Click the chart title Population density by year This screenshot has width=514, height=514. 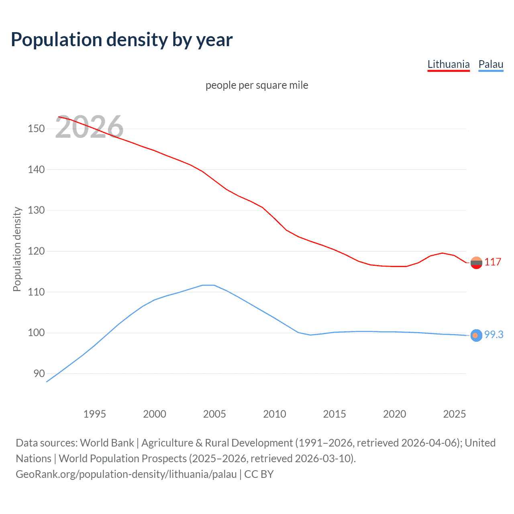(122, 40)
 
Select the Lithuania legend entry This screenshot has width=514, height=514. (448, 64)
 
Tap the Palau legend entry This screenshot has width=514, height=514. (491, 64)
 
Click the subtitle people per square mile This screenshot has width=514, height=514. (257, 86)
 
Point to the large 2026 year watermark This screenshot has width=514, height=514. (89, 127)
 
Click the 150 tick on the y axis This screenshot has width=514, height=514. (36, 129)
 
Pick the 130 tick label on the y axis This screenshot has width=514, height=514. (36, 210)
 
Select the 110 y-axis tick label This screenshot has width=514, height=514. (36, 292)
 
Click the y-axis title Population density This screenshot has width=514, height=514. (17, 249)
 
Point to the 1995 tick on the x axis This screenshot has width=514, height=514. (94, 414)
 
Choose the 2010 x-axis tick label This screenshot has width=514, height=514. (275, 414)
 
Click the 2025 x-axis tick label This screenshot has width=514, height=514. (455, 414)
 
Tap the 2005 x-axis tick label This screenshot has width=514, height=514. (214, 414)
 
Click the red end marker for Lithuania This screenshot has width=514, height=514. (476, 263)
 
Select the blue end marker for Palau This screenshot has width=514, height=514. (476, 335)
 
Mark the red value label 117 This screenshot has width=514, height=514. (492, 262)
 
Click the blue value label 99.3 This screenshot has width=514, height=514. (494, 335)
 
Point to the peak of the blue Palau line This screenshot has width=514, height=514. (208, 285)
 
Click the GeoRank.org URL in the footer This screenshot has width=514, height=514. (126, 474)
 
